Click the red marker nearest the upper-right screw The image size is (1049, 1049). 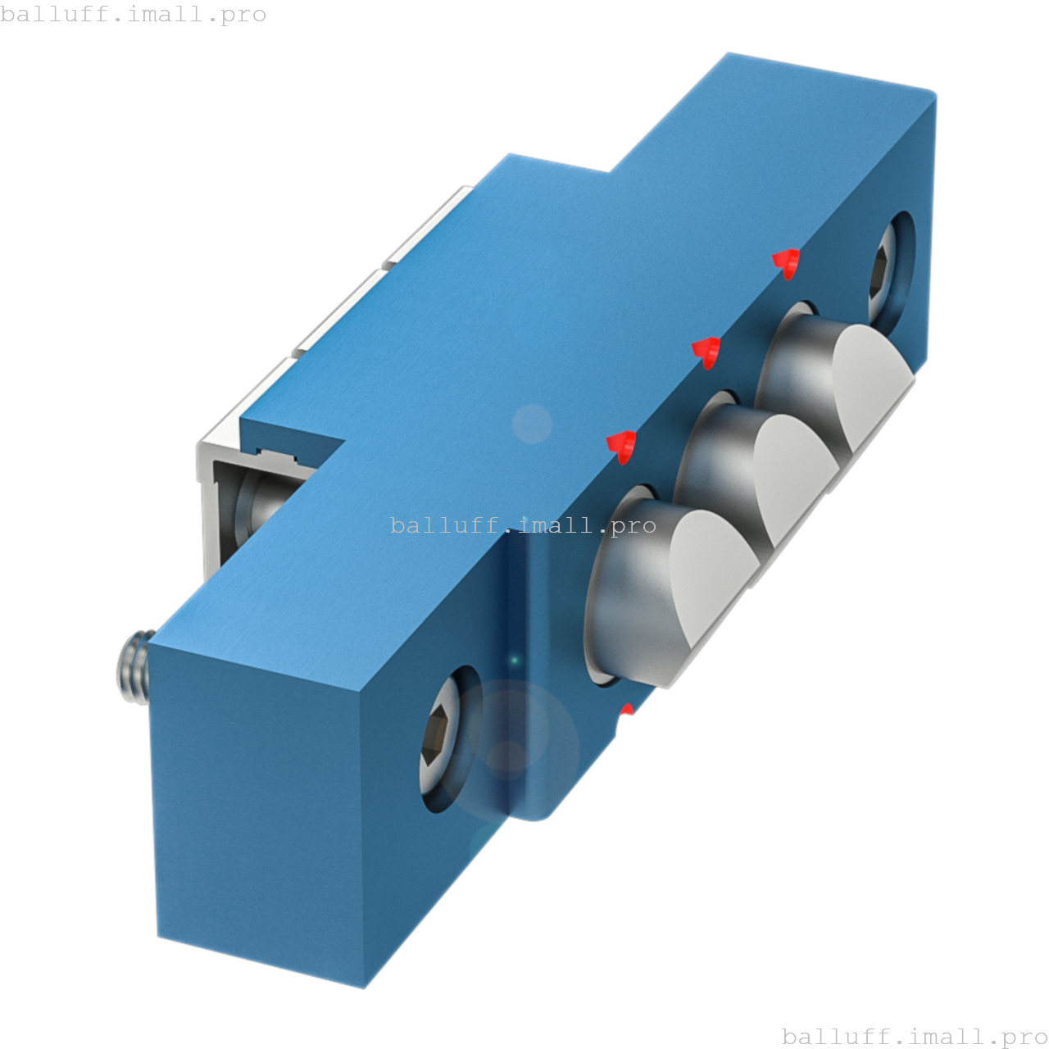pos(787,262)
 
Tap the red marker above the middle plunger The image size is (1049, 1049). pos(706,352)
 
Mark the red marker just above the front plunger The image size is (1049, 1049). pos(622,445)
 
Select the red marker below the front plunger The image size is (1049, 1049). pos(627,711)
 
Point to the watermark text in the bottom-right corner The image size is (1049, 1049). pos(915,1036)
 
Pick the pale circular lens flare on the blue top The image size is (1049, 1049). pos(532,424)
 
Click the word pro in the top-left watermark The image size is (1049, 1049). pos(244,14)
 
